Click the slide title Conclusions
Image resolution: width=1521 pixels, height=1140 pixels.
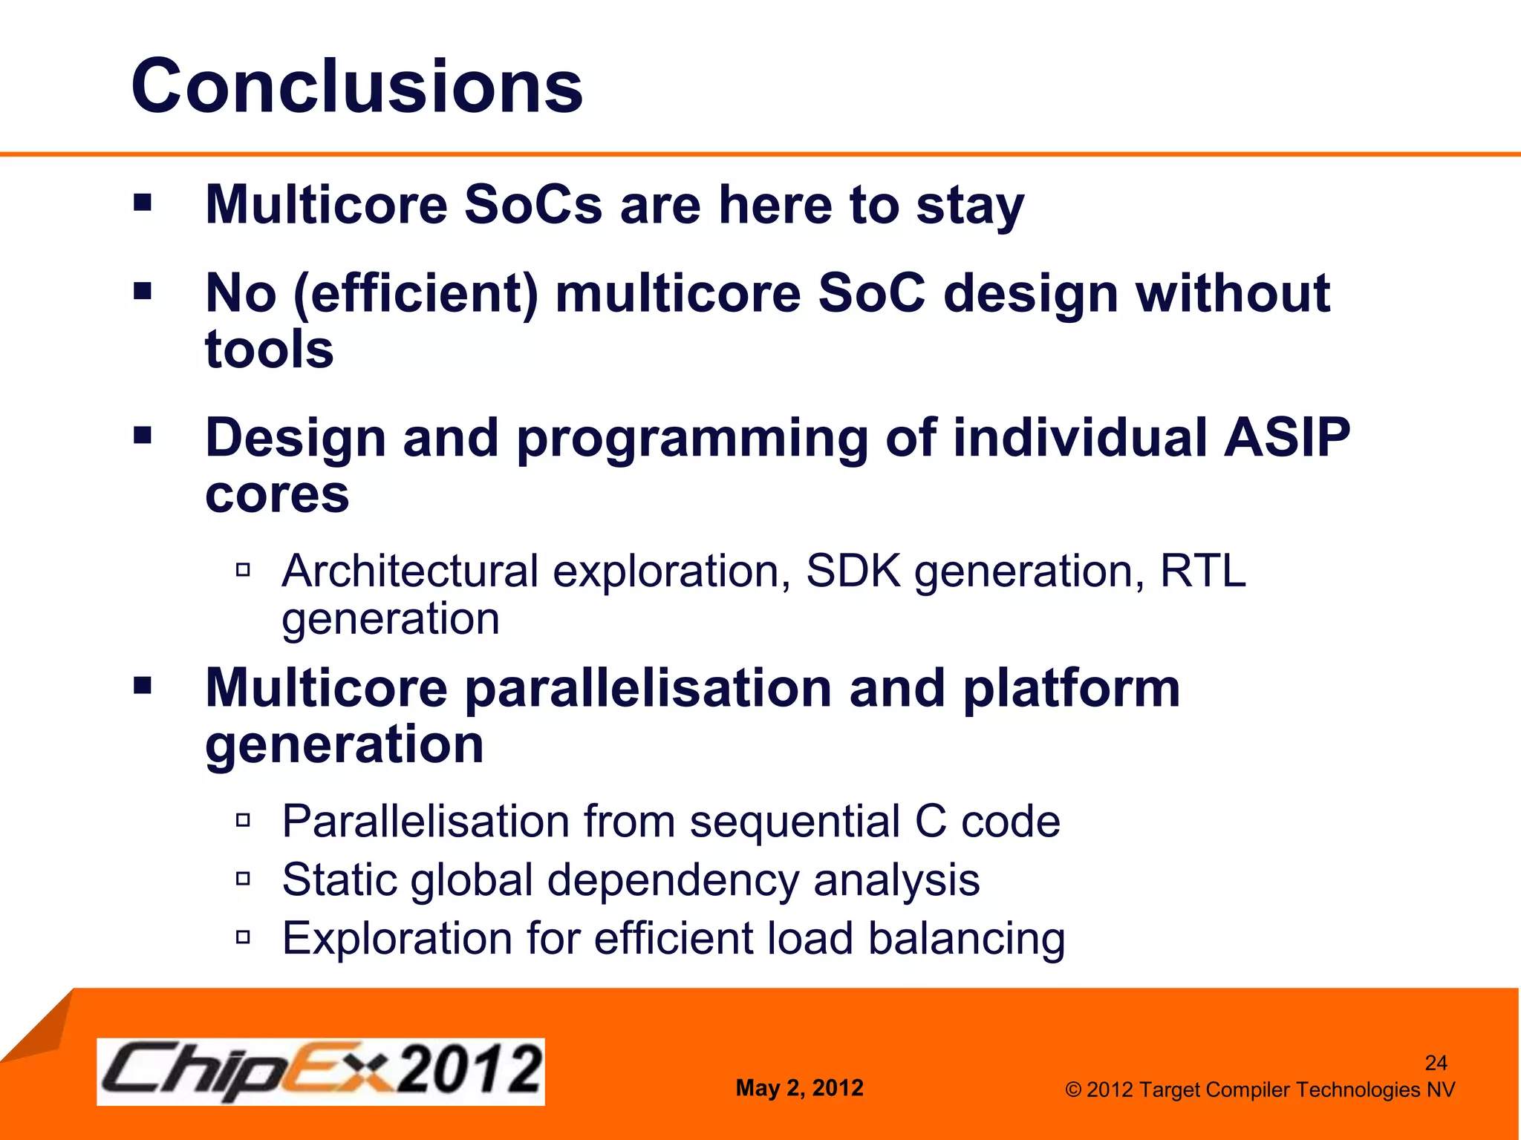356,88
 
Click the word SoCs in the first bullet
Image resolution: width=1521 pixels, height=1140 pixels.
532,205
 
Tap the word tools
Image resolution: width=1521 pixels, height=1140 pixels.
269,350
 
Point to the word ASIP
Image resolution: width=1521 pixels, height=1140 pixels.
1286,438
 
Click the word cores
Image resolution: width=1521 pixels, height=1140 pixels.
276,495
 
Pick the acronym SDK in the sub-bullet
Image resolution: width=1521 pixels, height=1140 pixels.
853,571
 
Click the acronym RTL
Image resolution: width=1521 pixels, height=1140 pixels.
1202,571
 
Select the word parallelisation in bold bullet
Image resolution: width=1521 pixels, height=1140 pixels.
648,688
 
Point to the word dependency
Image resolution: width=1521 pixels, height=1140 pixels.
672,881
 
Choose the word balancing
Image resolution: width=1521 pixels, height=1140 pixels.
966,940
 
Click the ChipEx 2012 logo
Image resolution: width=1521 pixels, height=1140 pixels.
320,1072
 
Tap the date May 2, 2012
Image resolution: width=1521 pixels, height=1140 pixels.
799,1088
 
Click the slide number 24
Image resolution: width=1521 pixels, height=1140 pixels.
1436,1063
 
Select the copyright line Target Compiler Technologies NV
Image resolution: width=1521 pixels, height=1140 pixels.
1260,1090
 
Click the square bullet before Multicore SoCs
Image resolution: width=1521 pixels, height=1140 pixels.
143,203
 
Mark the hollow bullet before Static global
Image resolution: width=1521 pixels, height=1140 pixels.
243,879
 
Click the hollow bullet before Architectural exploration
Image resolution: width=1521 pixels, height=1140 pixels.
243,570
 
